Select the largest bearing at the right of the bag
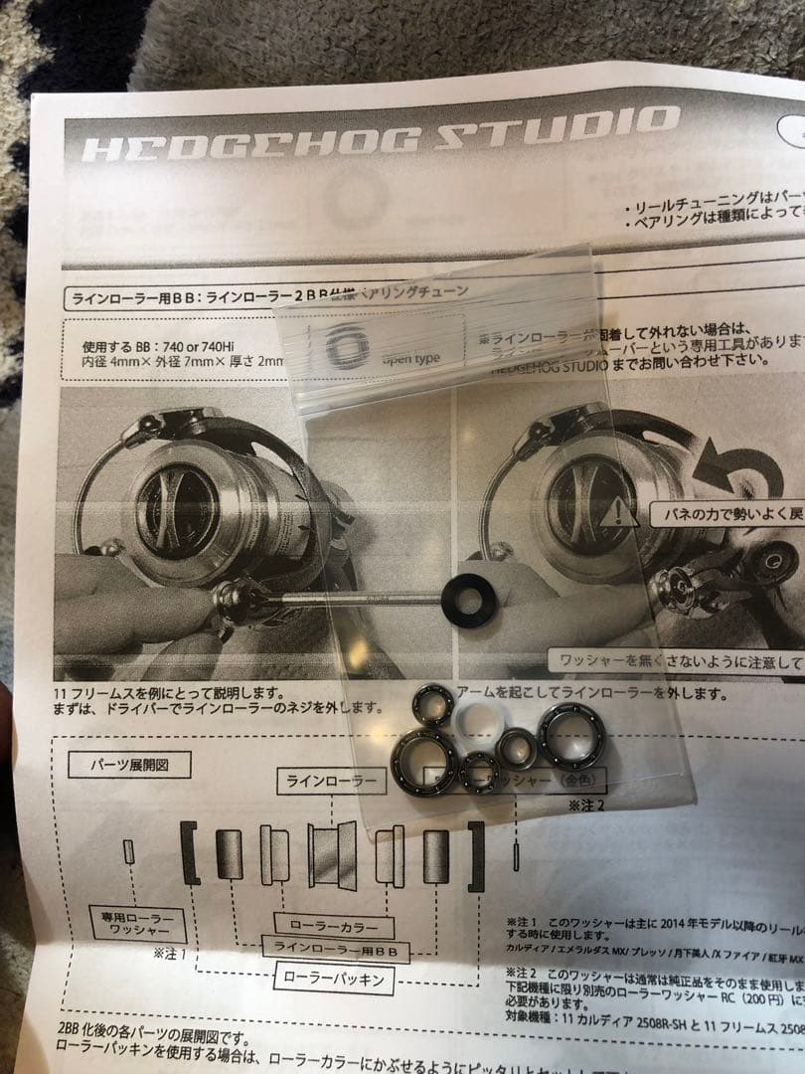tap(571, 737)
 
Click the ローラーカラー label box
tap(327, 927)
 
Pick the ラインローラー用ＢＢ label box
tap(335, 952)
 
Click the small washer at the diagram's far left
tap(128, 851)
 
